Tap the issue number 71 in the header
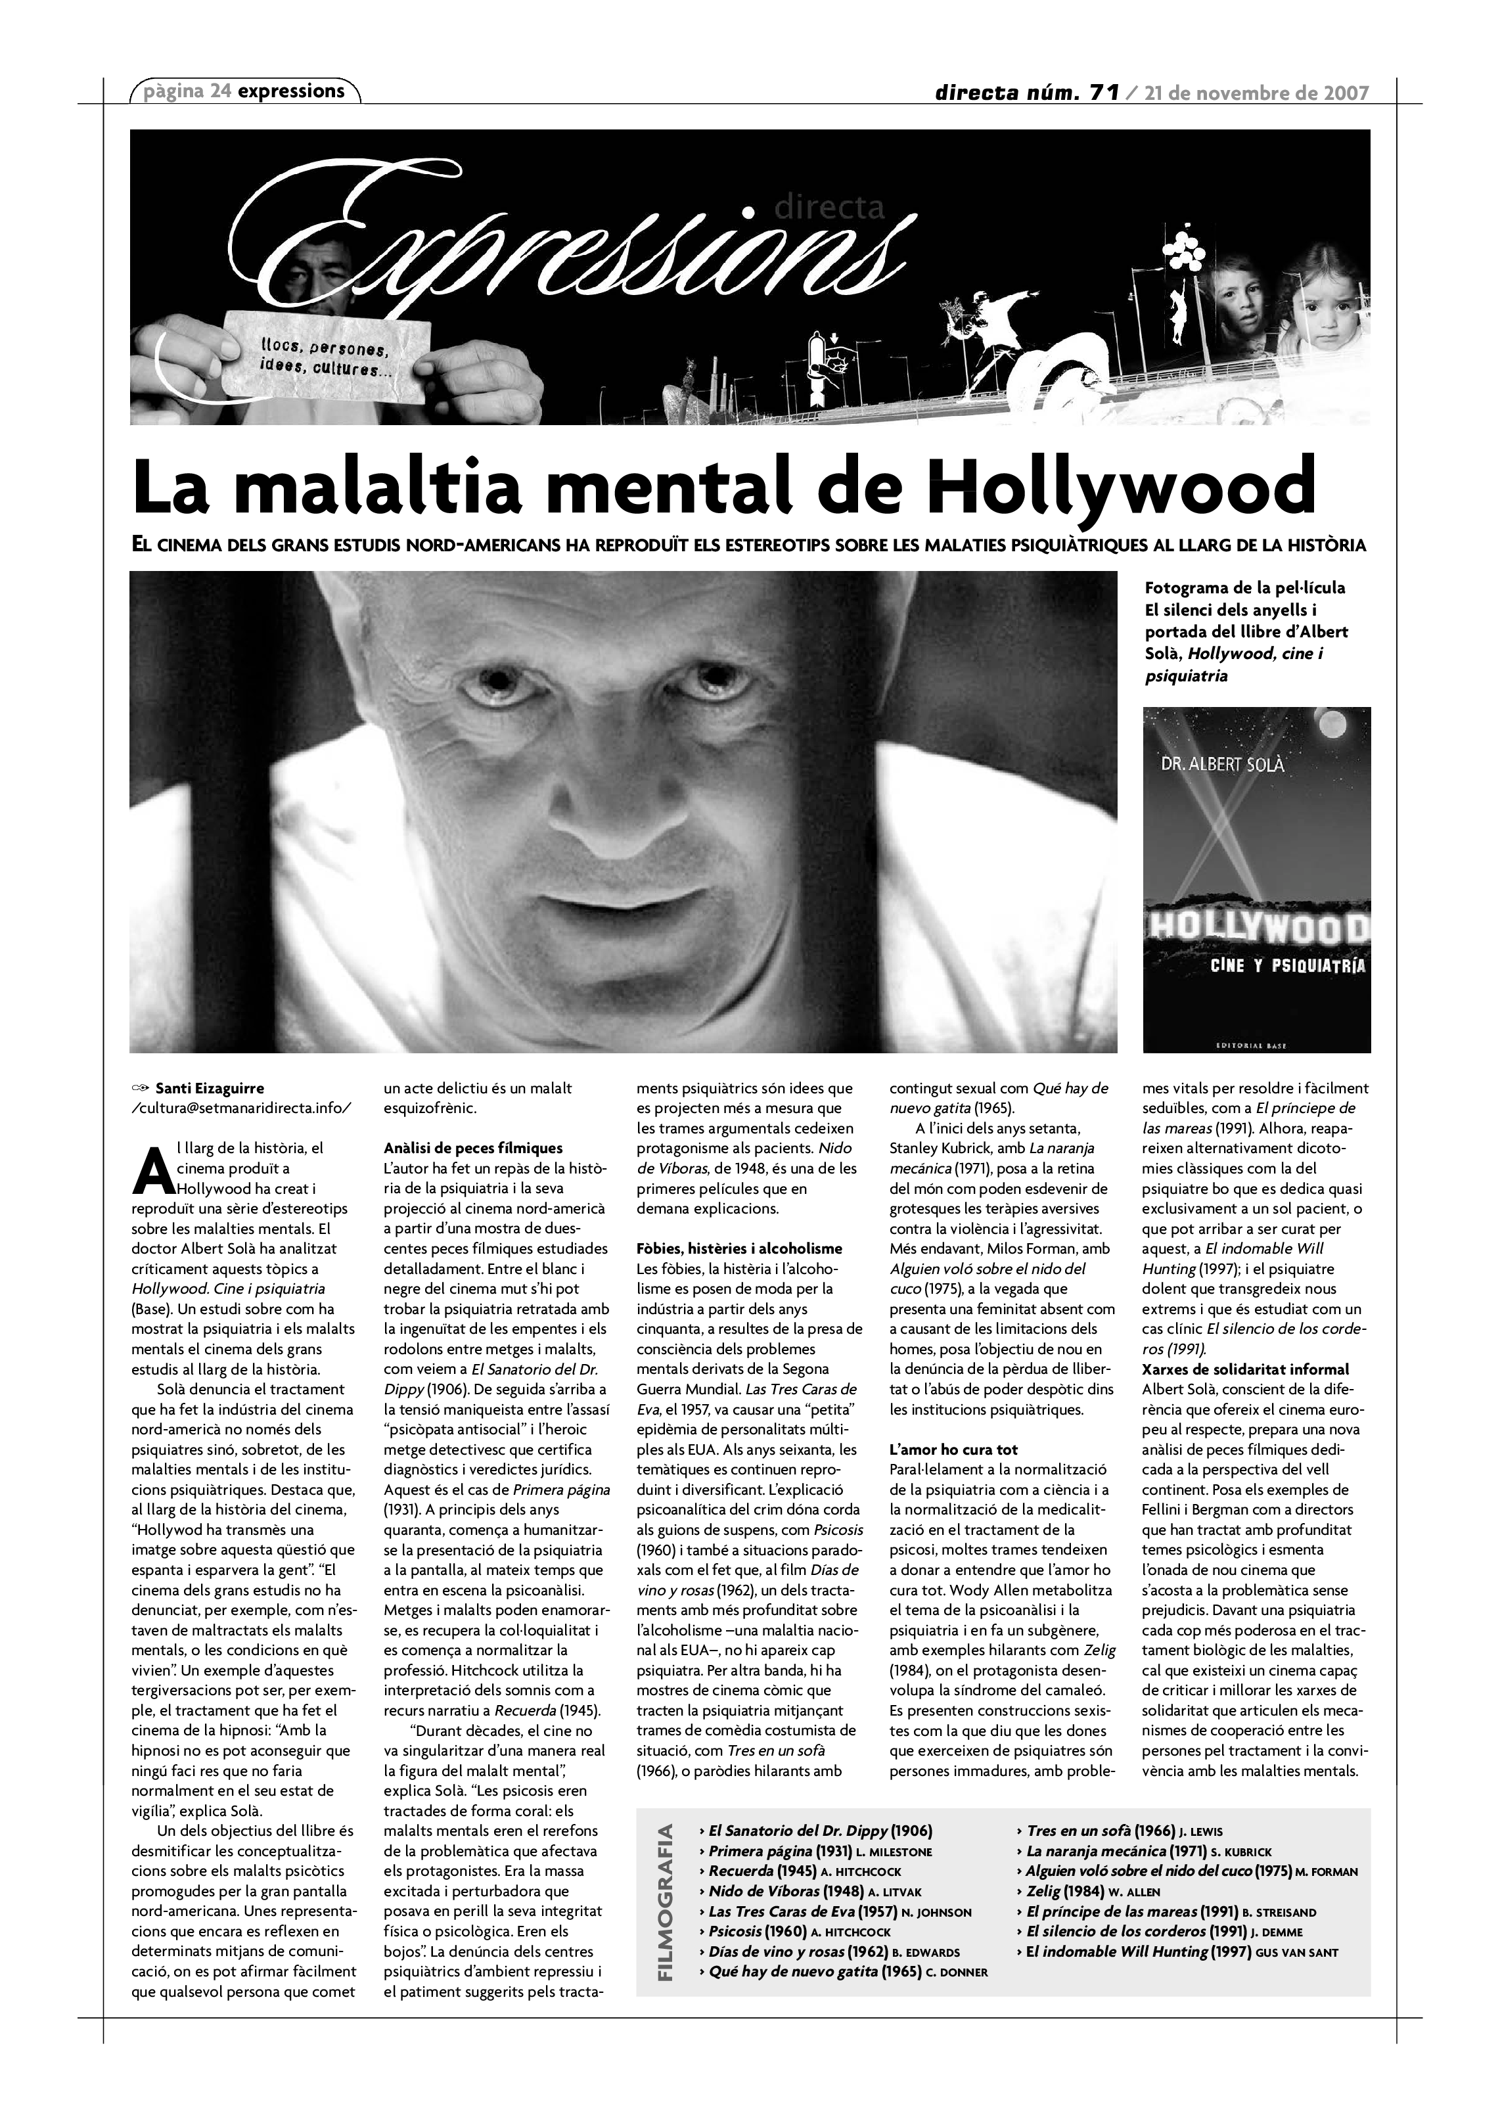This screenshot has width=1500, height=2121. (1104, 93)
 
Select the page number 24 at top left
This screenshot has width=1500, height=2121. (220, 91)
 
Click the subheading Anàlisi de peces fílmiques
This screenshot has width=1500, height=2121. (473, 1149)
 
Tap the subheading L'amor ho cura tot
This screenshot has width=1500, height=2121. (953, 1449)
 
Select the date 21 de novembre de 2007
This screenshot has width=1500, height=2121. (1256, 93)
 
